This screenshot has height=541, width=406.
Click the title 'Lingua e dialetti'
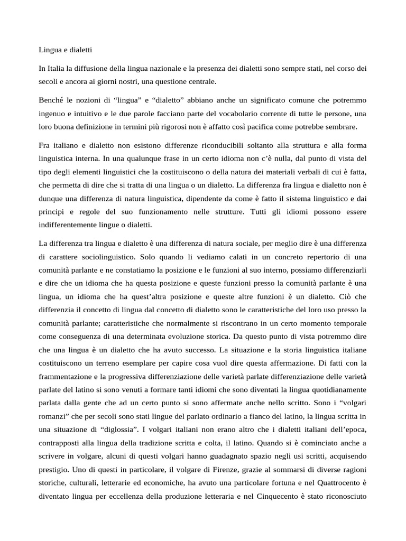point(66,50)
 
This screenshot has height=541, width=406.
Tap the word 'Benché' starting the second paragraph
point(51,100)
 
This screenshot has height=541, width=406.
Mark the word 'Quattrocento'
point(328,482)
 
